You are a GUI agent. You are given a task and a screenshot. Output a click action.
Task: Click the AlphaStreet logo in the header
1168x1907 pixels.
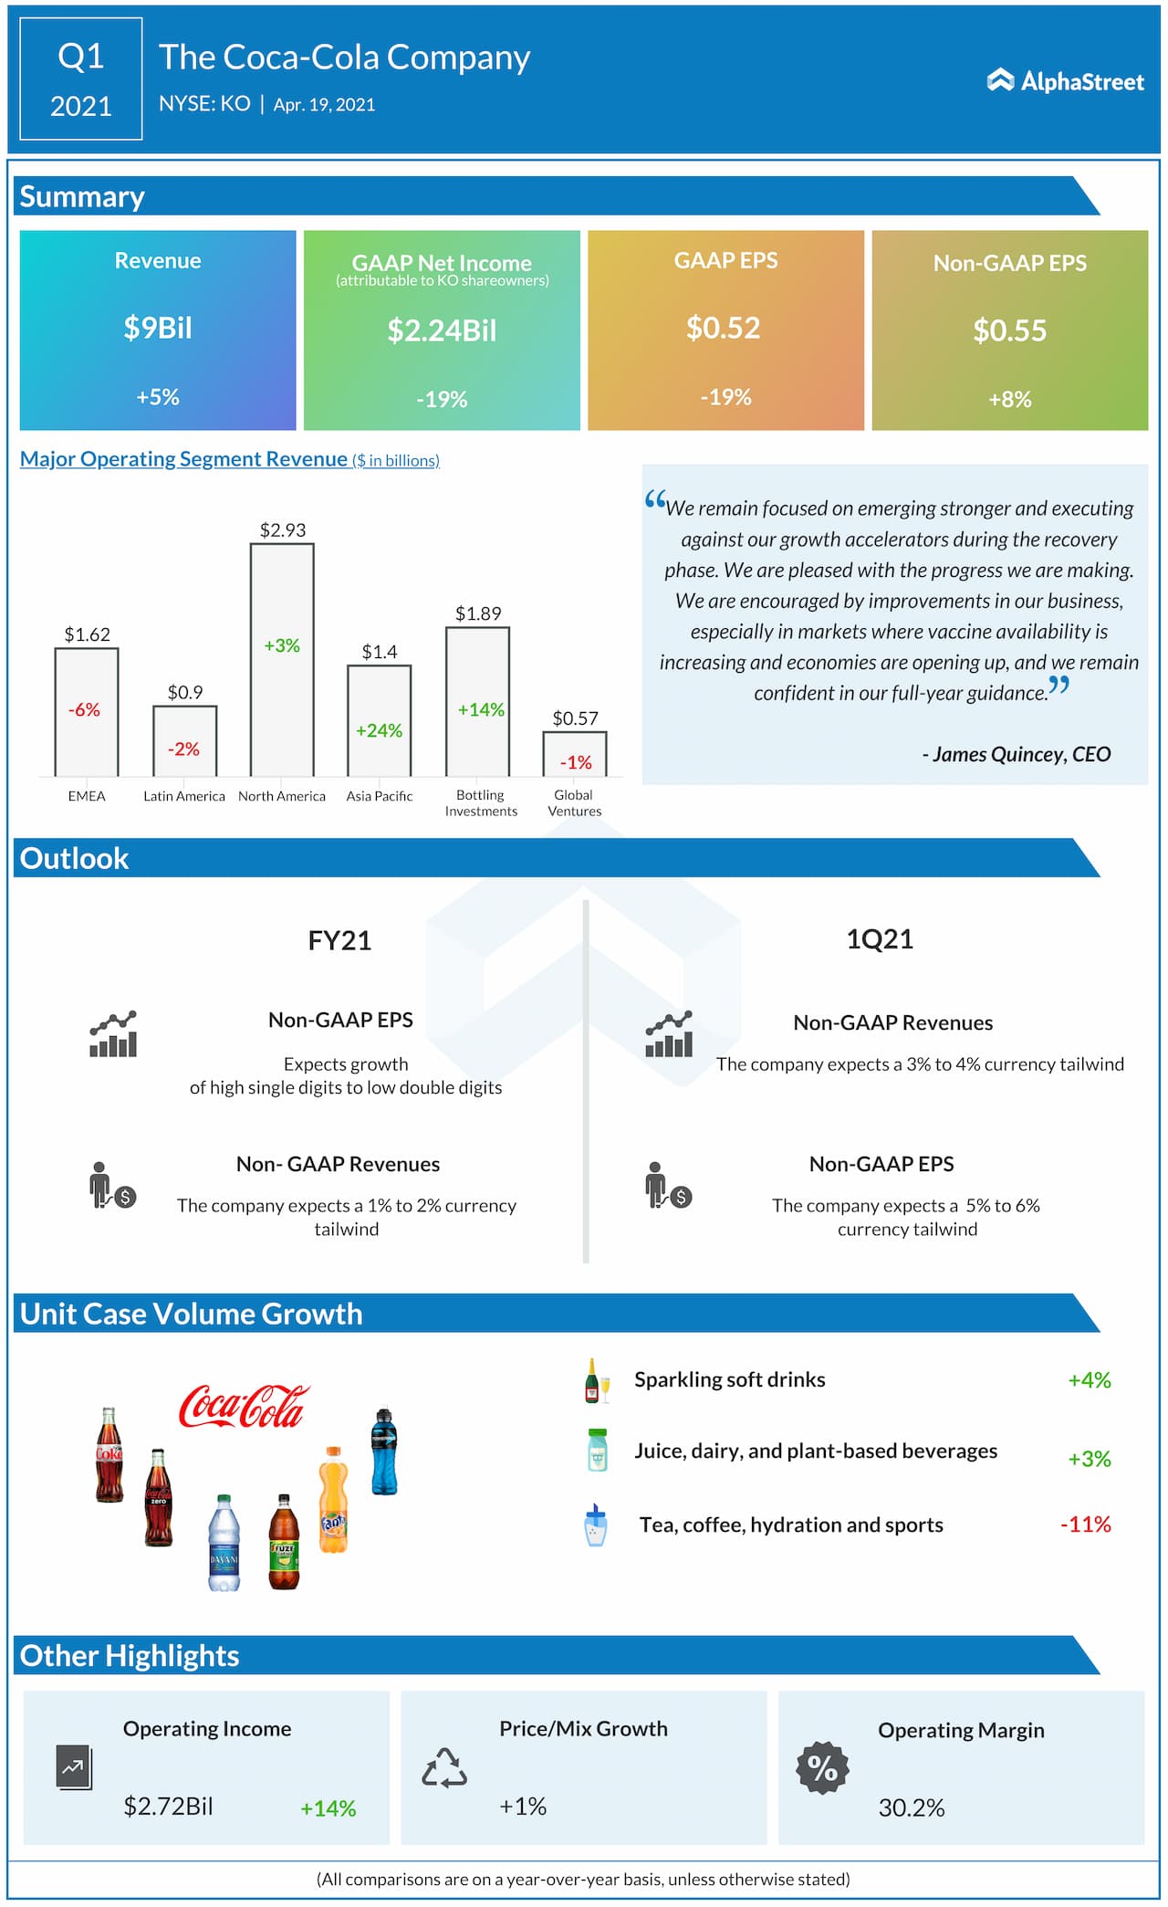pos(1065,81)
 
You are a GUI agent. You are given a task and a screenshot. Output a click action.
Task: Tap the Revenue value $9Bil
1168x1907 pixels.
pos(158,328)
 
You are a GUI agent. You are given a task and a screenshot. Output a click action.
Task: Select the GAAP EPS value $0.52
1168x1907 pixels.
pos(724,328)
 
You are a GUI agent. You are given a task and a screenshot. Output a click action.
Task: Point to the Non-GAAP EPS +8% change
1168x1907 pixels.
pos(1010,399)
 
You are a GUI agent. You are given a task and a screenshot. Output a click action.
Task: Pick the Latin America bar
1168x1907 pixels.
pos(184,740)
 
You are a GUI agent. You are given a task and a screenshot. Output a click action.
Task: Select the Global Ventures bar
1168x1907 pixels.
pos(575,753)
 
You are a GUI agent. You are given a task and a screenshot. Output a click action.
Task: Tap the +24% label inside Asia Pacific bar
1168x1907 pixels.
pos(379,730)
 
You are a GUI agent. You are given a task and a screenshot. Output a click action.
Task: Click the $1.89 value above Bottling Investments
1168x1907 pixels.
pos(478,613)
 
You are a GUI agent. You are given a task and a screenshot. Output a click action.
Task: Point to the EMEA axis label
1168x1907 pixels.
pos(87,796)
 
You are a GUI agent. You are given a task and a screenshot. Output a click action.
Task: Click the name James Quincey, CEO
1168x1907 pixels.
pos(1017,754)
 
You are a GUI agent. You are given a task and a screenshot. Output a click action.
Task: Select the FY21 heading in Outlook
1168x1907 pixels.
pos(339,940)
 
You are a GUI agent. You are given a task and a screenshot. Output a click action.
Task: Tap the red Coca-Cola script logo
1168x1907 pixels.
pos(244,1406)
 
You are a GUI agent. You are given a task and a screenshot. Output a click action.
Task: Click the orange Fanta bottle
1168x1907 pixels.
pos(333,1499)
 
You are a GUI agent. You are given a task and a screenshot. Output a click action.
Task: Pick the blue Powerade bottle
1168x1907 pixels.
pos(384,1451)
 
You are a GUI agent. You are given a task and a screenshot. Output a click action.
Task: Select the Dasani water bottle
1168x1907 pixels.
pos(224,1543)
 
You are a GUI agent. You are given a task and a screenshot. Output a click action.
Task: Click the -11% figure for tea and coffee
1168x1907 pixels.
pos(1085,1524)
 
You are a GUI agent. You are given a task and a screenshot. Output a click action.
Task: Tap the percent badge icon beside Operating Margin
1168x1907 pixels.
pos(822,1768)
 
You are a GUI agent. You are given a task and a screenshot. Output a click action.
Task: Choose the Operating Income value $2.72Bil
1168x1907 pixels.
pos(168,1806)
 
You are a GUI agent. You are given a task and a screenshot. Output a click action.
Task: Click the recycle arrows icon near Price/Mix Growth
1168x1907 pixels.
pos(444,1768)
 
